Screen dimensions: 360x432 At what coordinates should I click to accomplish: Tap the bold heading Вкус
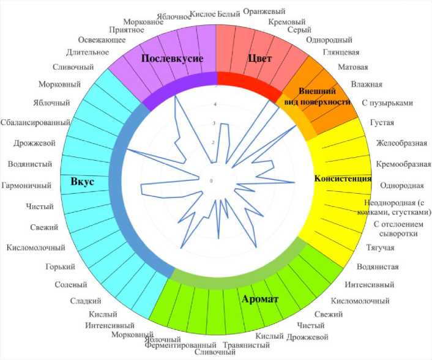click(x=81, y=182)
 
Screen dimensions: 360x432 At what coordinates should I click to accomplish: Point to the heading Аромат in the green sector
click(x=260, y=299)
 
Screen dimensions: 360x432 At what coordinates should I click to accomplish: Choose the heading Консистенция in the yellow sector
click(x=343, y=179)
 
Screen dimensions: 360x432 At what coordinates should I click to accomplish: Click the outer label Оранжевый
click(x=264, y=11)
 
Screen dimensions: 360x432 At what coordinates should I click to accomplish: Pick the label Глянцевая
click(x=342, y=52)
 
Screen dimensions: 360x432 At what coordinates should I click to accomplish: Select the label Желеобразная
click(x=401, y=144)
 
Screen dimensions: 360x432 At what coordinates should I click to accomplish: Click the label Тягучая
click(x=381, y=247)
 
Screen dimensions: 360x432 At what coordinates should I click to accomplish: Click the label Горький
click(x=61, y=266)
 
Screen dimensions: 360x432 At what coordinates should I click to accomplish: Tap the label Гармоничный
click(x=28, y=185)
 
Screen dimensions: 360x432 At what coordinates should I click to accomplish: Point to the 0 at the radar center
click(x=211, y=181)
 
